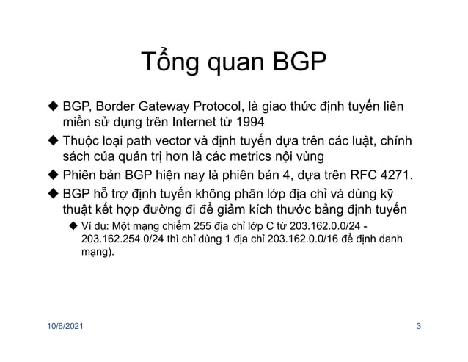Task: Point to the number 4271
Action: (395, 175)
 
